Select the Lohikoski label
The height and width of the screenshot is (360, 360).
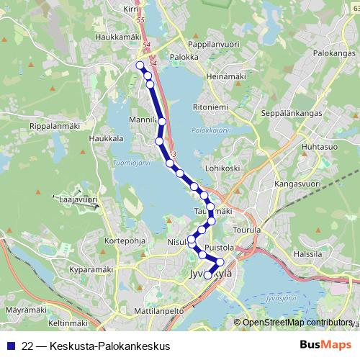[222, 168]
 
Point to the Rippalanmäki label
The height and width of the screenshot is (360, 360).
[54, 125]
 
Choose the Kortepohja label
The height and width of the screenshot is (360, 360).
[125, 241]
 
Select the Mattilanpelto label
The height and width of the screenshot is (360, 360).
[160, 311]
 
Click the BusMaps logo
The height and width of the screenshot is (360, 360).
[323, 345]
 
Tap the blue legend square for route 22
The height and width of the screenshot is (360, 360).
[10, 346]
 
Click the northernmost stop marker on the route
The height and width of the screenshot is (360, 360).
[140, 66]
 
